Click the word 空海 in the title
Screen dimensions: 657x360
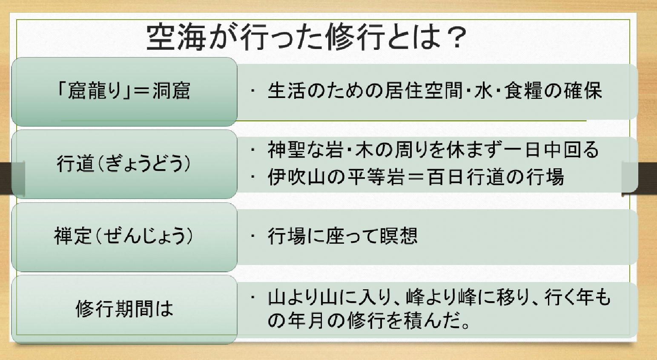[176, 37]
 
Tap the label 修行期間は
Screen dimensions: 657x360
[124, 308]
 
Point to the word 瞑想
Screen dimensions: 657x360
[399, 236]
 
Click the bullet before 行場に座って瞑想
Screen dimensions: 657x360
[252, 236]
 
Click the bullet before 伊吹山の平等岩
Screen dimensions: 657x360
[252, 177]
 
